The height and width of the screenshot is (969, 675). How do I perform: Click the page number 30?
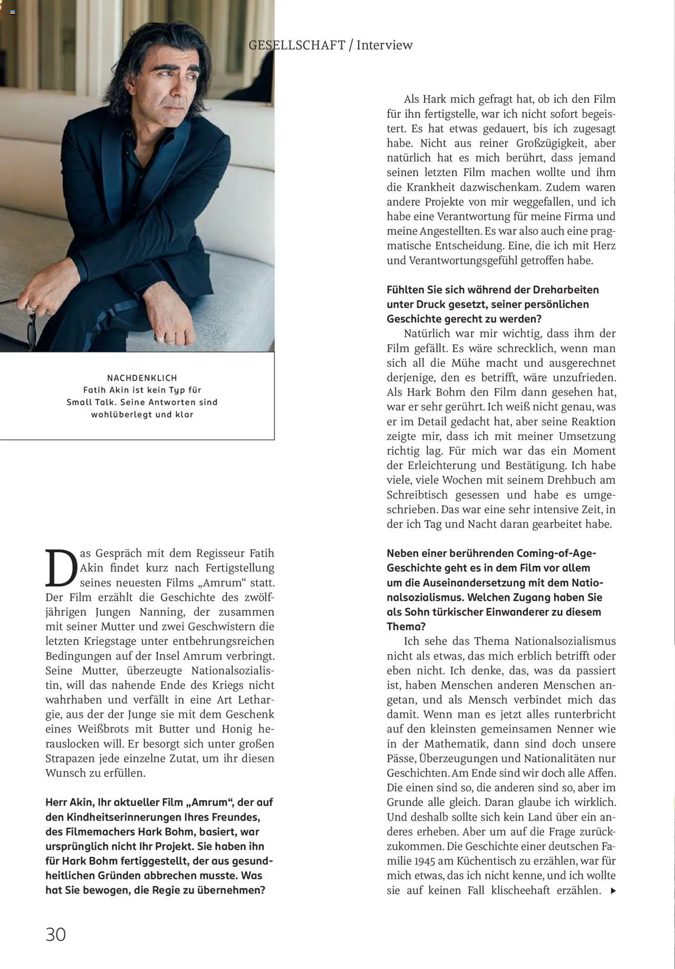point(55,934)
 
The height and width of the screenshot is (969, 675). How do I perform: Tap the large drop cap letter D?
point(61,568)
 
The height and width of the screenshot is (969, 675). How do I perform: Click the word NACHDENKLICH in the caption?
point(142,378)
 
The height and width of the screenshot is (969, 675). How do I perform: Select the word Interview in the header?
point(384,45)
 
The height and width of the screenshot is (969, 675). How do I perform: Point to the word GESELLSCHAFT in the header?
point(297,45)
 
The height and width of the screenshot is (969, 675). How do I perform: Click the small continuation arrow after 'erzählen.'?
point(613,891)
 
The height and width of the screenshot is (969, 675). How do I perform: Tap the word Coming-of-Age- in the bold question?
point(556,553)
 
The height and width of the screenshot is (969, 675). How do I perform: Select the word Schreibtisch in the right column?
point(417,495)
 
